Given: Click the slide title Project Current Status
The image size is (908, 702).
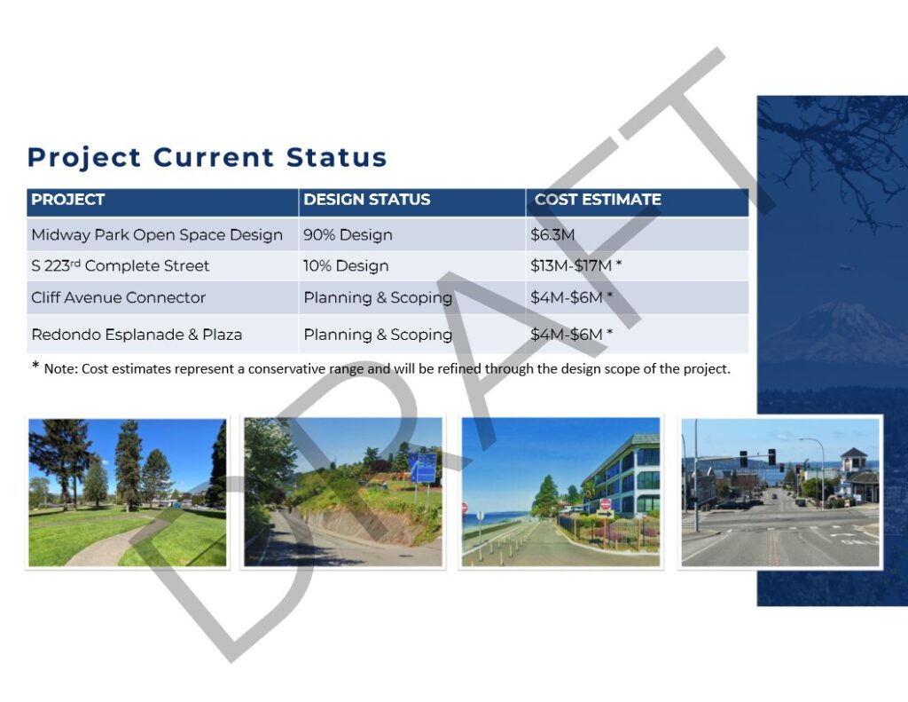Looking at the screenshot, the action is tap(207, 158).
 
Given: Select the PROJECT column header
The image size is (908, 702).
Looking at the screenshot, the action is tap(67, 200).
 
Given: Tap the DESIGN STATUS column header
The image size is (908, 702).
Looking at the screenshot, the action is tap(367, 200).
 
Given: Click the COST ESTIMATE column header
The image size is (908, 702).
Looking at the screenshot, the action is tap(598, 200).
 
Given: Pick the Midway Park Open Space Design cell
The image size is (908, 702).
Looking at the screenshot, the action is tap(157, 235).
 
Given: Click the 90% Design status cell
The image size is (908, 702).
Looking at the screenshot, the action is tap(348, 235).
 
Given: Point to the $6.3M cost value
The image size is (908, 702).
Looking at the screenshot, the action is tap(552, 235).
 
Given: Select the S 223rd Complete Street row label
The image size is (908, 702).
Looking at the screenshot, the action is tap(120, 265).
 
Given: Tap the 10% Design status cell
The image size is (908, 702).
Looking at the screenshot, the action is tap(346, 265).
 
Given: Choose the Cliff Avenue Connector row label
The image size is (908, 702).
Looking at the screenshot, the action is tap(119, 297).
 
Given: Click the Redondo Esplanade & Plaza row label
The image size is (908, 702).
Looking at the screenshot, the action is tap(137, 335).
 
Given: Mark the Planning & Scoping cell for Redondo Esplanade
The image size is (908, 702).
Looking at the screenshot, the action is tap(378, 335).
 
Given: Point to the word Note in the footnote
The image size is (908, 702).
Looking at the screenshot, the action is tap(59, 369).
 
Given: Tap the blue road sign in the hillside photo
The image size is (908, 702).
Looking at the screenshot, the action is tap(423, 468).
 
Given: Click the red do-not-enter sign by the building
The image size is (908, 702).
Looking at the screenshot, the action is tap(605, 503).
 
